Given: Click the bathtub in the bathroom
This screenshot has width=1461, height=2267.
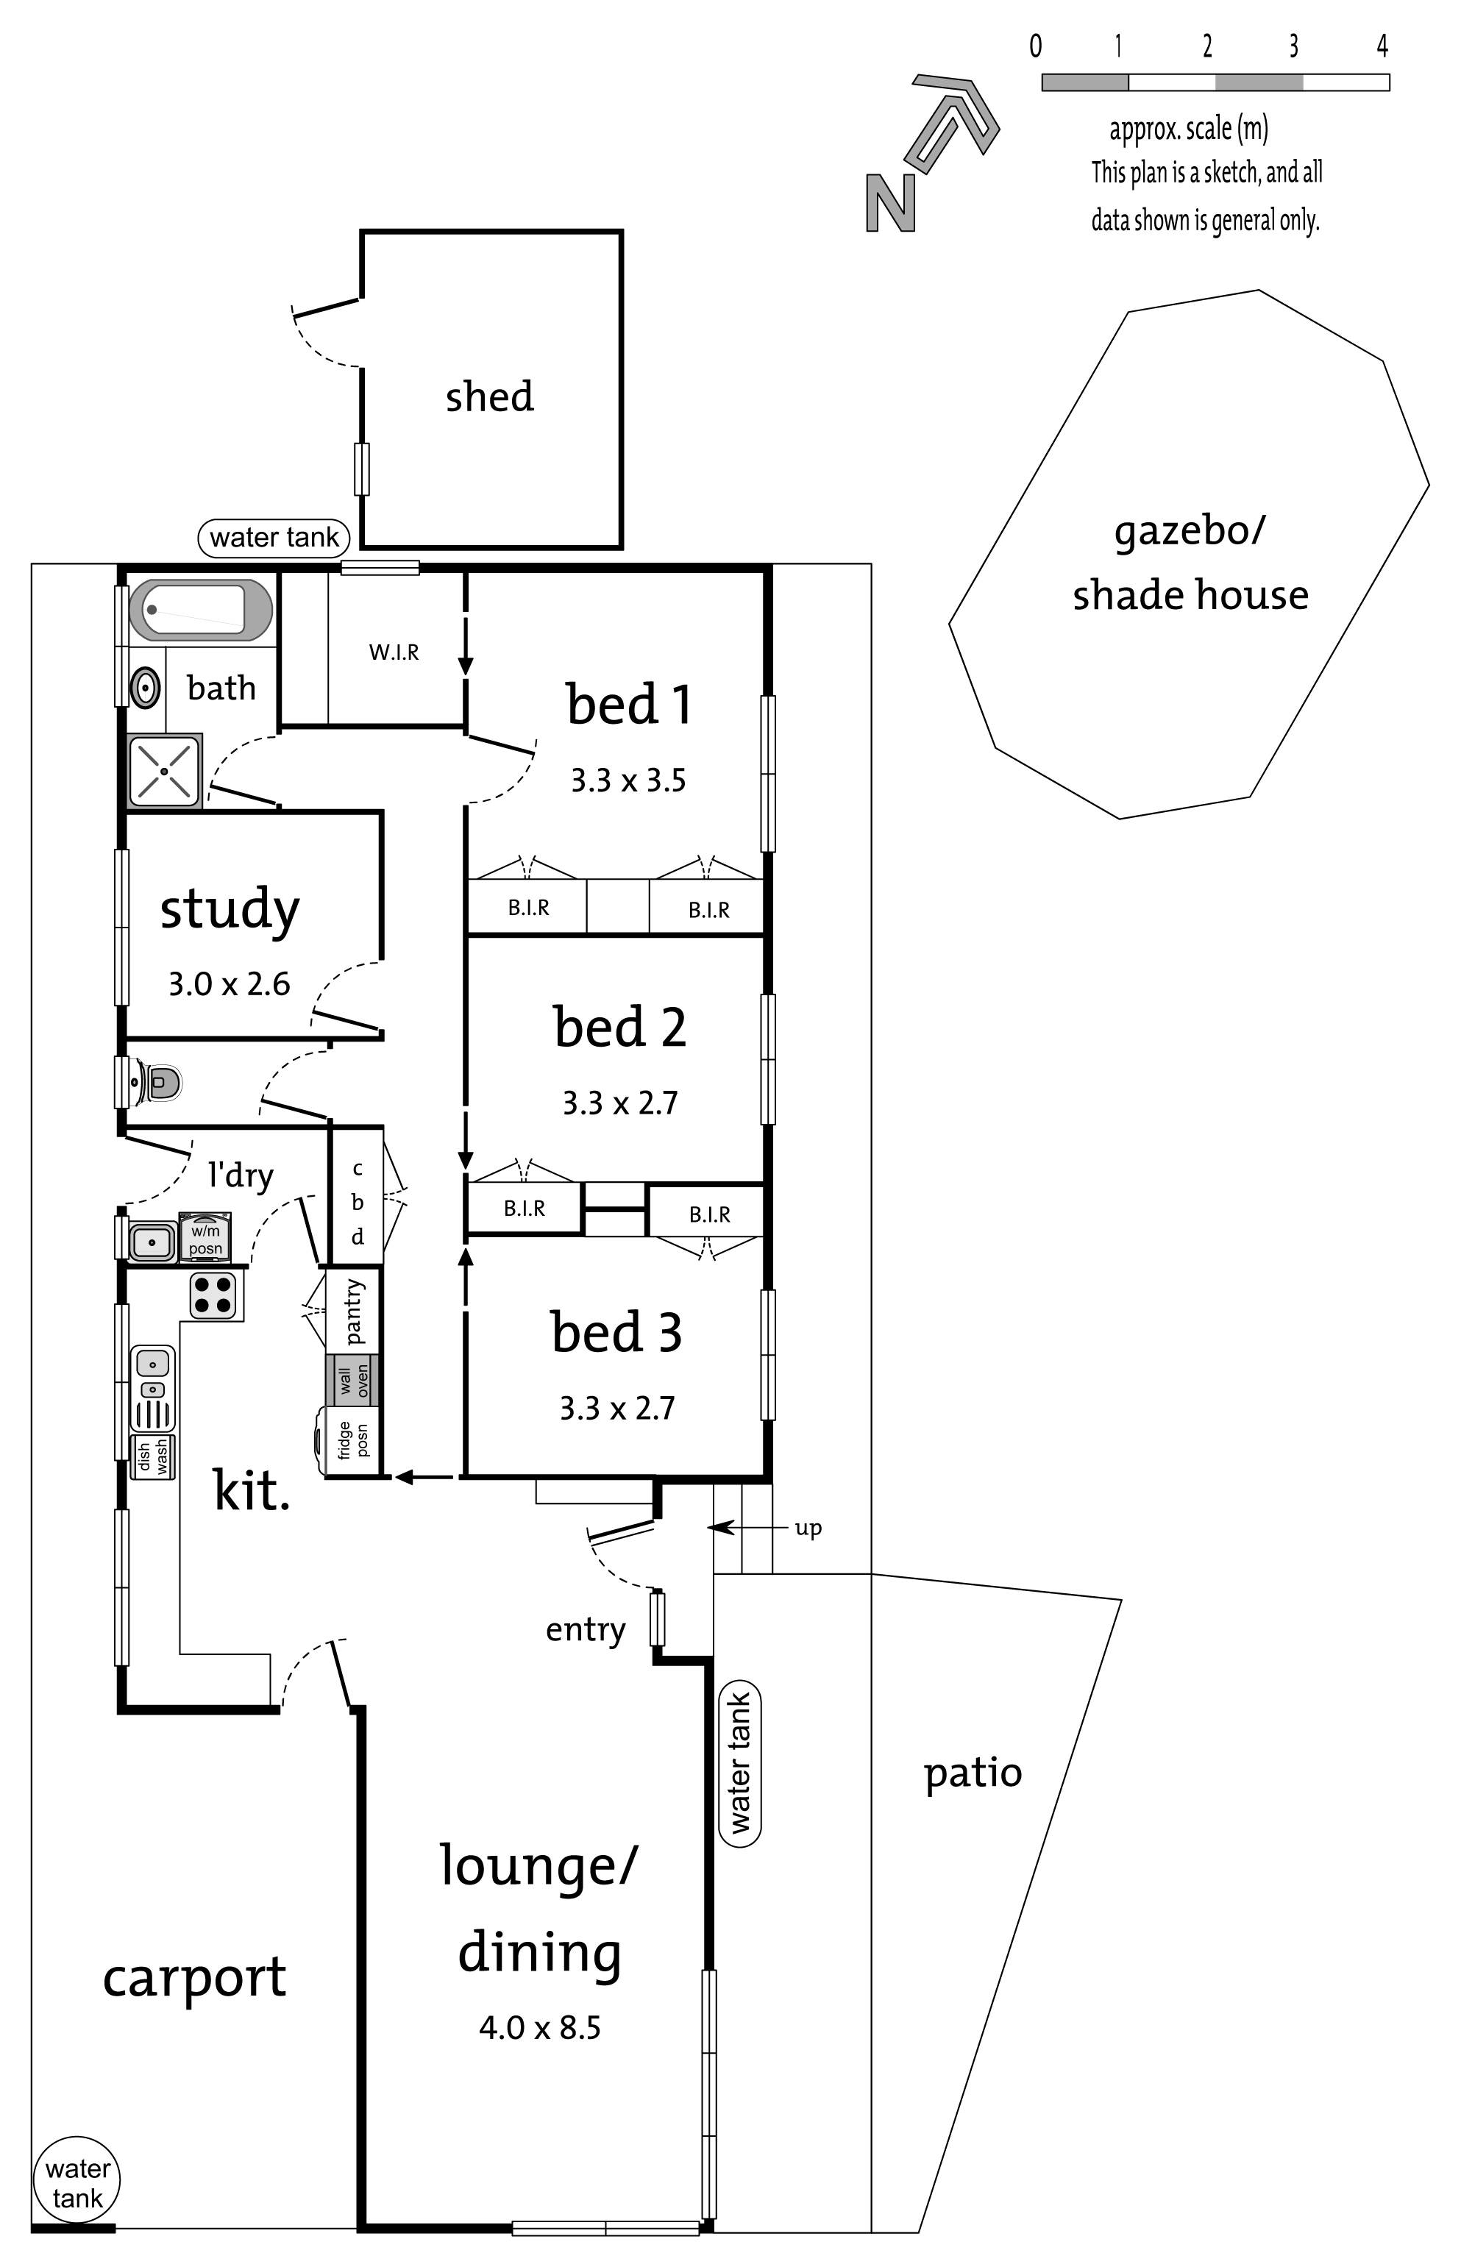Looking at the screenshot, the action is [201, 609].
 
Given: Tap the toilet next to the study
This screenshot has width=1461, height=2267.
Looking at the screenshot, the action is [158, 1081].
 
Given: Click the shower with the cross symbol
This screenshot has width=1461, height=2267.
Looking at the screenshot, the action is [164, 771].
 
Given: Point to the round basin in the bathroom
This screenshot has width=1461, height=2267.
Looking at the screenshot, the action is [145, 687].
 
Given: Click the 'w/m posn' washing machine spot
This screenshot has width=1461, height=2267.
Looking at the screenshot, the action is [205, 1238].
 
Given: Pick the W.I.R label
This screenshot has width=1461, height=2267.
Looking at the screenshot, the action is [394, 652].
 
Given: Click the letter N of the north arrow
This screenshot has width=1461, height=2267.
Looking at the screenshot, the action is [891, 204].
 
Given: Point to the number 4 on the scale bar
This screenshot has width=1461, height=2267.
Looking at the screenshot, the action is [1382, 46].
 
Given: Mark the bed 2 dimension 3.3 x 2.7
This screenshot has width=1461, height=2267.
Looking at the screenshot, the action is [620, 1103].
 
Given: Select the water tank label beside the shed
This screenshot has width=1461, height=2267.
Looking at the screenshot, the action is [274, 538].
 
